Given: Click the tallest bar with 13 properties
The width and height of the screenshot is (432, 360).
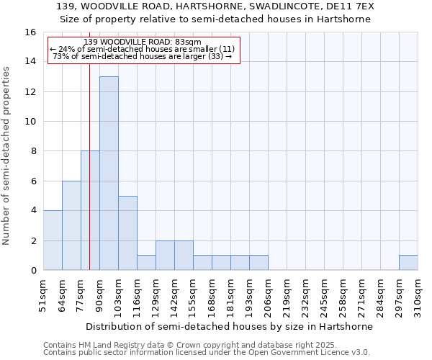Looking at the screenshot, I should [x=109, y=173].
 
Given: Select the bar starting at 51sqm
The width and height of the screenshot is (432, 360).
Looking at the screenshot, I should [x=53, y=240].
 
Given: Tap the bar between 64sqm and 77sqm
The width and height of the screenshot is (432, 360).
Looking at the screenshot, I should [x=71, y=225].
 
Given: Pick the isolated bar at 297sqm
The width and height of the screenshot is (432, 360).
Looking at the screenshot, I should [x=408, y=263].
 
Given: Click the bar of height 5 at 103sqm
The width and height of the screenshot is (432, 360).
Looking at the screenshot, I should [x=127, y=233].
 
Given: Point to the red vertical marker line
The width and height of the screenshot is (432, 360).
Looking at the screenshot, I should [x=89, y=180].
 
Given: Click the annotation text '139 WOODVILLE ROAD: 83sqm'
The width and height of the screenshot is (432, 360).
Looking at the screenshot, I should [x=143, y=42].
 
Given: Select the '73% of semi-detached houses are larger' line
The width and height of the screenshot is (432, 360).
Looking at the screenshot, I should [x=143, y=57].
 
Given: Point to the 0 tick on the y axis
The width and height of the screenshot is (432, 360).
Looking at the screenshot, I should [x=33, y=270].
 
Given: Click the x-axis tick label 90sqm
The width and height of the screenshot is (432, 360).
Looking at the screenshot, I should [x=100, y=294].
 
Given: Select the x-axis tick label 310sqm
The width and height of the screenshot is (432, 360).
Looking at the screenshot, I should [x=418, y=295].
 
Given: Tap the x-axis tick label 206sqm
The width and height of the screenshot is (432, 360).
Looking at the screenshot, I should [x=269, y=295].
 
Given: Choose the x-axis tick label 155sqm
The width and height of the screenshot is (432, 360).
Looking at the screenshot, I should [x=194, y=295].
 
